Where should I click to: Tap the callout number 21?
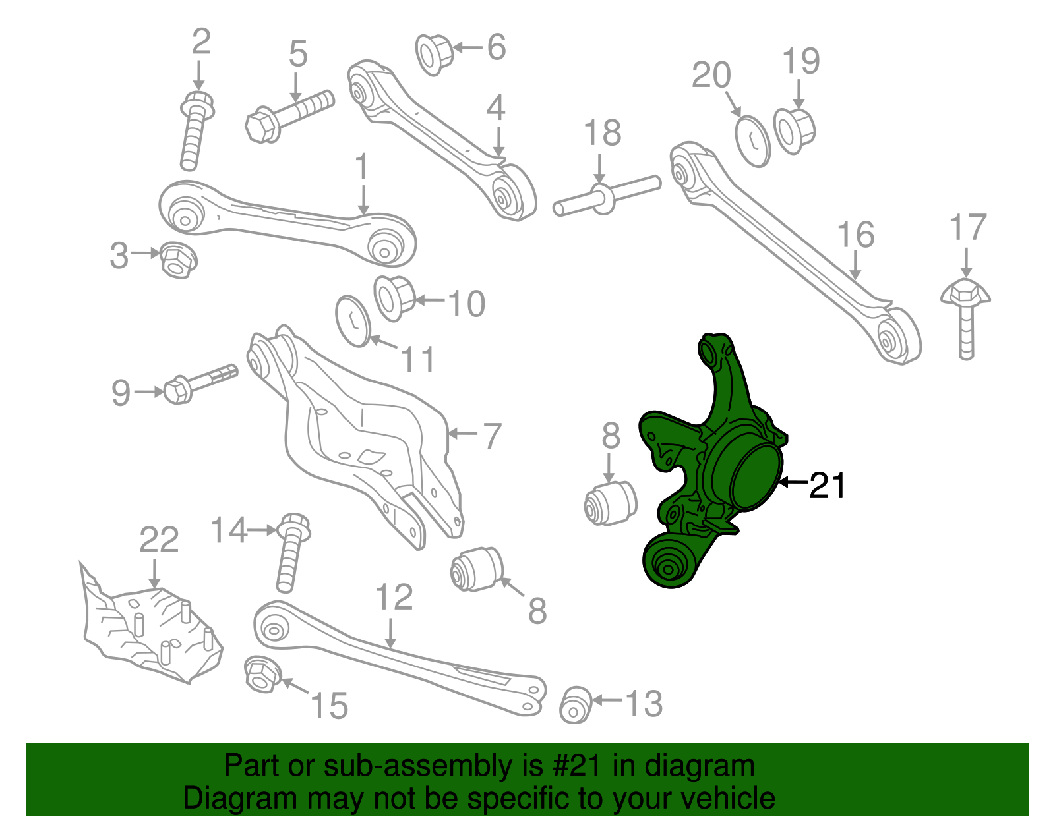[x=828, y=486]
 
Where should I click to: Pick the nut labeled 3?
[x=177, y=260]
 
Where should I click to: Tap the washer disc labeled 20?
[x=752, y=140]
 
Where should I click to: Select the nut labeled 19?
[x=795, y=130]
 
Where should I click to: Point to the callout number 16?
[x=856, y=235]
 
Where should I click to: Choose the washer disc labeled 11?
[x=353, y=321]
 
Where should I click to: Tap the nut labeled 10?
[x=394, y=298]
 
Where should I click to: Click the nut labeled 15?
[x=262, y=674]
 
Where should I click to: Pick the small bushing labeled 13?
[x=576, y=704]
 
